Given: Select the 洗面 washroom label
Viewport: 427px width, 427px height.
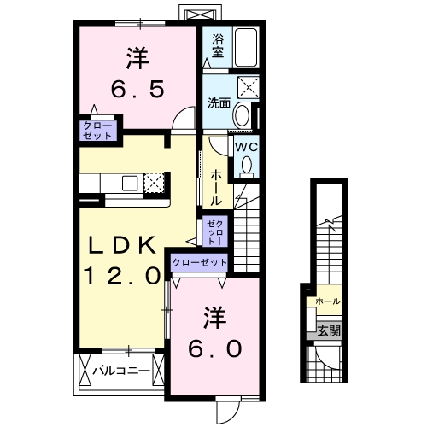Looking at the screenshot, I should coord(218,103).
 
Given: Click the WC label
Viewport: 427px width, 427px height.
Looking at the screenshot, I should coord(246,147).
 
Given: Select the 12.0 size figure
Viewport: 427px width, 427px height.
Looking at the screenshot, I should coord(121,276).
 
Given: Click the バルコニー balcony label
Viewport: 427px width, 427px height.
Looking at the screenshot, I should coord(121,371).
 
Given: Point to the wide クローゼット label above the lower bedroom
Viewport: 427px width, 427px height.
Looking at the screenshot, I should coord(200,263).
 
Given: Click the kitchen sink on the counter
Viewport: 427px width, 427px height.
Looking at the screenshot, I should coord(132,183).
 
